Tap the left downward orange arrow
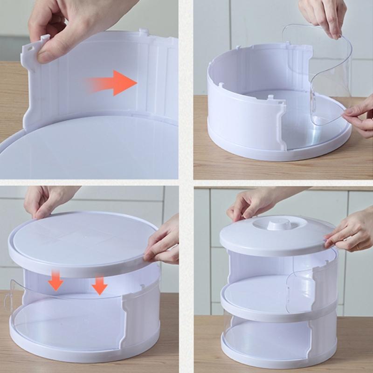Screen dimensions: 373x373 [x=56, y=281]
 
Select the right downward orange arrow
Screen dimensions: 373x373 [x=99, y=284]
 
